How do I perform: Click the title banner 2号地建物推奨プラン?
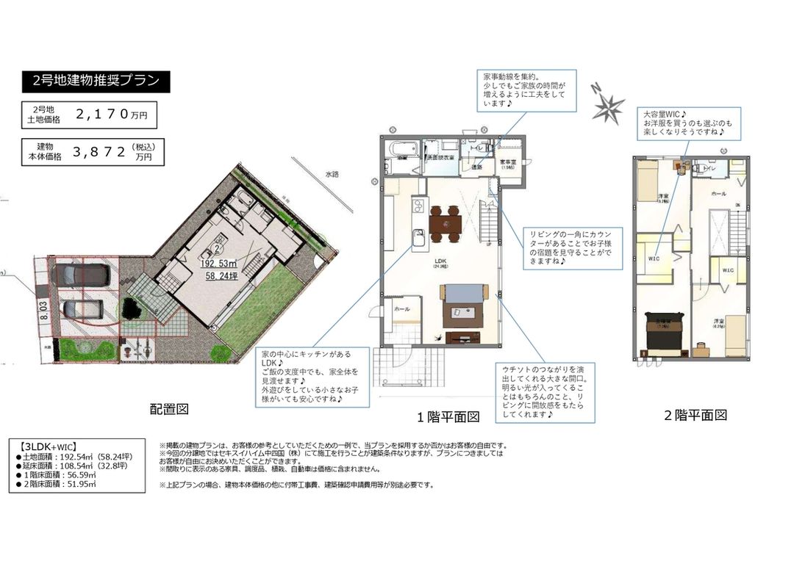point(96,81)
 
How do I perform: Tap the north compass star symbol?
point(608,107)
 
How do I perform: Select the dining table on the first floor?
point(445,222)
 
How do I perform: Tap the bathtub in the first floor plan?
point(401,150)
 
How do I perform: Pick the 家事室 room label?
point(508,163)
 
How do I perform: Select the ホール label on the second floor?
point(718,193)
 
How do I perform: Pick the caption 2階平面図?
point(695,416)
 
